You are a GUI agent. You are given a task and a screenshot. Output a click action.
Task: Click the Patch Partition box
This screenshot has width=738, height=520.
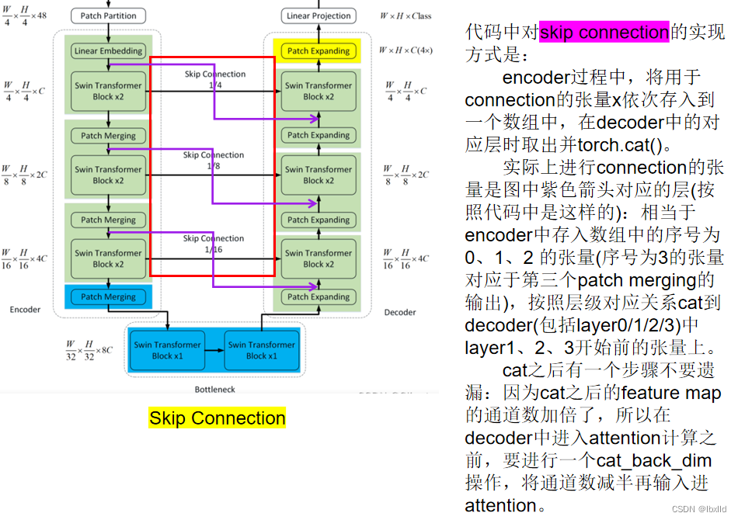[x=108, y=16]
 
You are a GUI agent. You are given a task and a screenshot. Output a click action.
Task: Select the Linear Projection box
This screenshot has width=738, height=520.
[x=319, y=16]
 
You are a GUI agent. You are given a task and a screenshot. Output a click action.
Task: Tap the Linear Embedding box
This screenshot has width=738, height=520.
[x=108, y=51]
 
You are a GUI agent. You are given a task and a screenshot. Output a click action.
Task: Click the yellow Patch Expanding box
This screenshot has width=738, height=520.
[x=319, y=51]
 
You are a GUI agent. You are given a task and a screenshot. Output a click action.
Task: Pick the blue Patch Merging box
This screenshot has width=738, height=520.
[x=108, y=296]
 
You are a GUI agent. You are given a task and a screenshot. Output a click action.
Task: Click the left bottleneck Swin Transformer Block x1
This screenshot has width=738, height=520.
[x=167, y=350]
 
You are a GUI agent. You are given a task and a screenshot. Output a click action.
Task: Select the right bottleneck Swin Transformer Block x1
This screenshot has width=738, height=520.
[x=261, y=350]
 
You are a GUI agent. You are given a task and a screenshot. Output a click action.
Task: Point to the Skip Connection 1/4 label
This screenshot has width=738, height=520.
[x=215, y=79]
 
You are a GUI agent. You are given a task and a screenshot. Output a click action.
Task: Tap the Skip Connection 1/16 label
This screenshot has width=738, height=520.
[x=213, y=244]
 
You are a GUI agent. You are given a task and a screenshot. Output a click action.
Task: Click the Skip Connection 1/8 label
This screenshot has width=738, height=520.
[x=213, y=160]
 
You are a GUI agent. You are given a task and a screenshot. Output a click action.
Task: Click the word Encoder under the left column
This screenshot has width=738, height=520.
[x=25, y=309]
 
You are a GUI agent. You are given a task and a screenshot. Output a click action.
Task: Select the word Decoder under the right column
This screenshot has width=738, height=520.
[x=400, y=313]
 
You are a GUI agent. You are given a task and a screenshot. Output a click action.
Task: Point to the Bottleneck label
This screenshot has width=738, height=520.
[x=214, y=389]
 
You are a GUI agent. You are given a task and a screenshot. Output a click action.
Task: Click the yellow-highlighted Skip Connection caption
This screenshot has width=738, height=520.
[x=217, y=418]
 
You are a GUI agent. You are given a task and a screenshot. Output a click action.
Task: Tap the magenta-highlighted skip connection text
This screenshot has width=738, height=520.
[x=604, y=33]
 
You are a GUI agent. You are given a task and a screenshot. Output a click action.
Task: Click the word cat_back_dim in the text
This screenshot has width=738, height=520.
[x=655, y=460]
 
